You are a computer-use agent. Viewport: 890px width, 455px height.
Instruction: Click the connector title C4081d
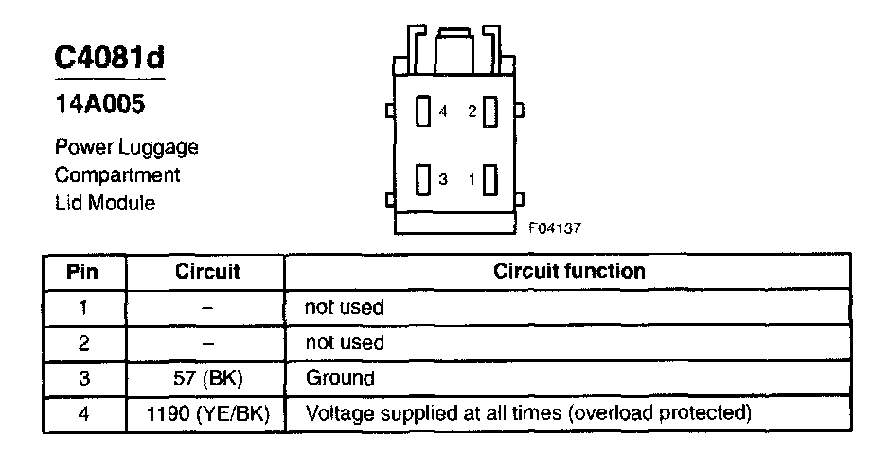click(109, 58)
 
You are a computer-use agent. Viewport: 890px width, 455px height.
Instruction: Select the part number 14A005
click(99, 105)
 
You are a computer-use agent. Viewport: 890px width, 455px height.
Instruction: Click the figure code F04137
click(555, 227)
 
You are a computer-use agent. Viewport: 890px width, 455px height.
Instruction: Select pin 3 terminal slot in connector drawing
click(424, 179)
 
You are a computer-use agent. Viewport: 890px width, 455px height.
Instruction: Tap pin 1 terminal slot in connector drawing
click(489, 179)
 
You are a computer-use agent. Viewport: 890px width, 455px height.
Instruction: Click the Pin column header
click(84, 271)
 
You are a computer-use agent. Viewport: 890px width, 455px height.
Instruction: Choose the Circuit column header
click(207, 271)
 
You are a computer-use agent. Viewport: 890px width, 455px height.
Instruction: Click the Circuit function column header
click(569, 271)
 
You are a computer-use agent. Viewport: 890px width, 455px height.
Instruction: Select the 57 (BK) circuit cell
click(207, 378)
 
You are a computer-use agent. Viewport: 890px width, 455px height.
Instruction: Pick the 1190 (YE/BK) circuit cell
click(207, 414)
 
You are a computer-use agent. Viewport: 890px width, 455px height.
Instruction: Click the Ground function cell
click(339, 378)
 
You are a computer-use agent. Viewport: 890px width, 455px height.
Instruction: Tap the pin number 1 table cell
click(84, 307)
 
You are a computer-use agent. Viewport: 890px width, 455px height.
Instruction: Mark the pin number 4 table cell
click(84, 414)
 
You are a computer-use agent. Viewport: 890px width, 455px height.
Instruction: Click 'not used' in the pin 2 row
click(344, 342)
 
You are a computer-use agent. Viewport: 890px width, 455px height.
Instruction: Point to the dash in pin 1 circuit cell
click(207, 307)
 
